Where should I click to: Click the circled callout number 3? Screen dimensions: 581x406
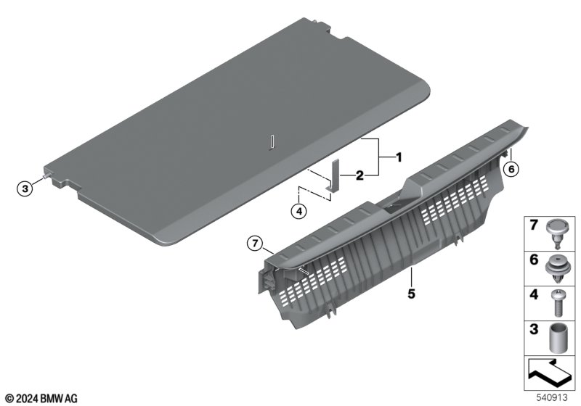(x=25, y=188)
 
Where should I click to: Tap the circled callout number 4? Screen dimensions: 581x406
(x=298, y=212)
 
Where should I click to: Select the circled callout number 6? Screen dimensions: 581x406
(x=511, y=169)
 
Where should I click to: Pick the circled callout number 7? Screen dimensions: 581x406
(x=255, y=244)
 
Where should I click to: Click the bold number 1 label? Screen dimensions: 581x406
(x=398, y=157)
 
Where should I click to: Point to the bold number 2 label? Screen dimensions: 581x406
(x=359, y=175)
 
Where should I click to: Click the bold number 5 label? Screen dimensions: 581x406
(x=411, y=294)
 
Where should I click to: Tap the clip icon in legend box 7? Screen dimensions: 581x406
(x=555, y=233)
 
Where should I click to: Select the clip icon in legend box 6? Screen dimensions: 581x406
(x=556, y=269)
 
